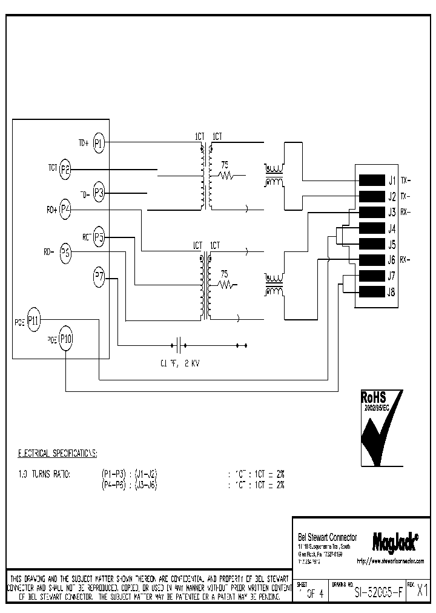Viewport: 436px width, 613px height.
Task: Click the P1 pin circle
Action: (99, 144)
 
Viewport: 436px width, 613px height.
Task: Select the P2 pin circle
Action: (65, 171)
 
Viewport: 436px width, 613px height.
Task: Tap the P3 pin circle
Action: (99, 194)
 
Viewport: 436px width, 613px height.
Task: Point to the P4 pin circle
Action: (65, 210)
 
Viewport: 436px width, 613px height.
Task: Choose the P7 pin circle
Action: (99, 278)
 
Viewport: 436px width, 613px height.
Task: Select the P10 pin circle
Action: (65, 339)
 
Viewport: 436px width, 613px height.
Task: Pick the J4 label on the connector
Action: (392, 229)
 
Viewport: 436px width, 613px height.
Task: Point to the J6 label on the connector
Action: (392, 260)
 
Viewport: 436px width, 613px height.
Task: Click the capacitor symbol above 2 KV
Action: (179, 346)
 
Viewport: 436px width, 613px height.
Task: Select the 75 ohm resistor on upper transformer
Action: (226, 176)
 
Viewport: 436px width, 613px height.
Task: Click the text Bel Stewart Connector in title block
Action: (328, 538)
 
